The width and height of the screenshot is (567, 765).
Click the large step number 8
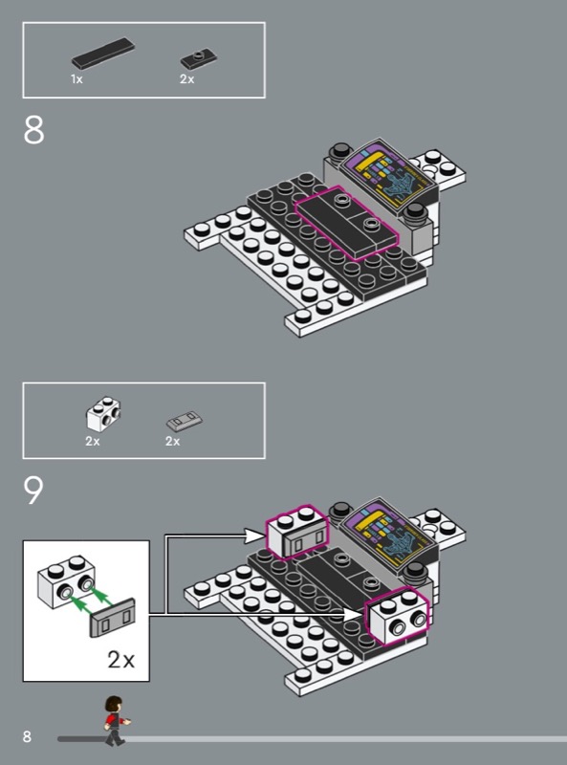(33, 130)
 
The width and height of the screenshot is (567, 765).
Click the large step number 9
(33, 491)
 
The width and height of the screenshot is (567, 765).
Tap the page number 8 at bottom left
(27, 736)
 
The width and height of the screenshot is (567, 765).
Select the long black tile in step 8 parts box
(103, 54)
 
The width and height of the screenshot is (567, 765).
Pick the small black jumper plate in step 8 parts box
(198, 58)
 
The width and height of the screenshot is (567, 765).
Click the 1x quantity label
(76, 79)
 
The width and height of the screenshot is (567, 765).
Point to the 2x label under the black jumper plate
(186, 79)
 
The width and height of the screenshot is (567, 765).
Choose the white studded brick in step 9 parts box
(103, 414)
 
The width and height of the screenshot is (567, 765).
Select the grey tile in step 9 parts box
(184, 421)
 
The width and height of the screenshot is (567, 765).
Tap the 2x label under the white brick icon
(93, 441)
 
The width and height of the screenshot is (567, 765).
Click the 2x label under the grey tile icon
(173, 441)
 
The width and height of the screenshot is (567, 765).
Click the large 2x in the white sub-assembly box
(120, 660)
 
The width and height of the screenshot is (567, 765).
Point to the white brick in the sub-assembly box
(67, 581)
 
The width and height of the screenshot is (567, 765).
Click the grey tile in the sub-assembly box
(112, 617)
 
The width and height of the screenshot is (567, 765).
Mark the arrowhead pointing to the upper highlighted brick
(254, 536)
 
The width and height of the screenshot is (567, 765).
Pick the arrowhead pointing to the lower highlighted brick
(353, 615)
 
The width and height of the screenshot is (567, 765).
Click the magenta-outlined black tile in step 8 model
(346, 222)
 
